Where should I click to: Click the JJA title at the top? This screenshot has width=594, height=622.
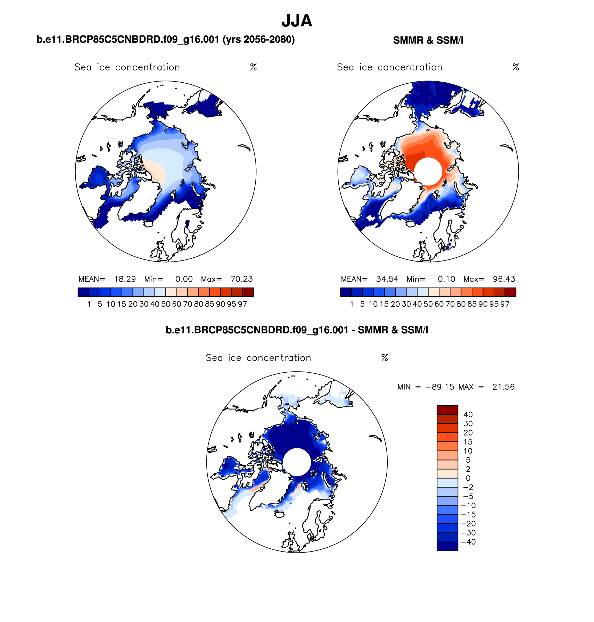pos(297,21)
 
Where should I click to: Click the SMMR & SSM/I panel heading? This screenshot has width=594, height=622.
pos(428,40)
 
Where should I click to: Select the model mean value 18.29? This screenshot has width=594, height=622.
pos(125,279)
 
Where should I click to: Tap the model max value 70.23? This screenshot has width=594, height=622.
pos(242,279)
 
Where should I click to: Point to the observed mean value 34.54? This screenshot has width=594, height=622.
pos(387,279)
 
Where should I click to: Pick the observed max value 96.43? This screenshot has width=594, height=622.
pos(504,279)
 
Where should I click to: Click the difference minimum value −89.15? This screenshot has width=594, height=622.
pos(440,387)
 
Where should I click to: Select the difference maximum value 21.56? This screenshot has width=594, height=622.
pos(503,387)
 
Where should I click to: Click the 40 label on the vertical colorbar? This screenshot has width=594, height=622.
pos(468,414)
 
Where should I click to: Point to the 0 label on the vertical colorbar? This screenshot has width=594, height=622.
pos(468,478)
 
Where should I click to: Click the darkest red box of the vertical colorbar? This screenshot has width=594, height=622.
pos(447,410)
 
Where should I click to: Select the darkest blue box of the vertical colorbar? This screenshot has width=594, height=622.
pos(447,546)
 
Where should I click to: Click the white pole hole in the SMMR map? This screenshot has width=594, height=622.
pos(428,171)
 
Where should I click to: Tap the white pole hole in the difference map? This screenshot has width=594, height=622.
pos(297,462)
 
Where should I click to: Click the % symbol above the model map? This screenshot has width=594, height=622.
pos(253,67)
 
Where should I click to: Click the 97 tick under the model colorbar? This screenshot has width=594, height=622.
pos(242,304)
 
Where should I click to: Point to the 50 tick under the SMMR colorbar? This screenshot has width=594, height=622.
pos(428,304)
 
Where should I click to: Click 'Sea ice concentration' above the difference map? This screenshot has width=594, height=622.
pos(258,358)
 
